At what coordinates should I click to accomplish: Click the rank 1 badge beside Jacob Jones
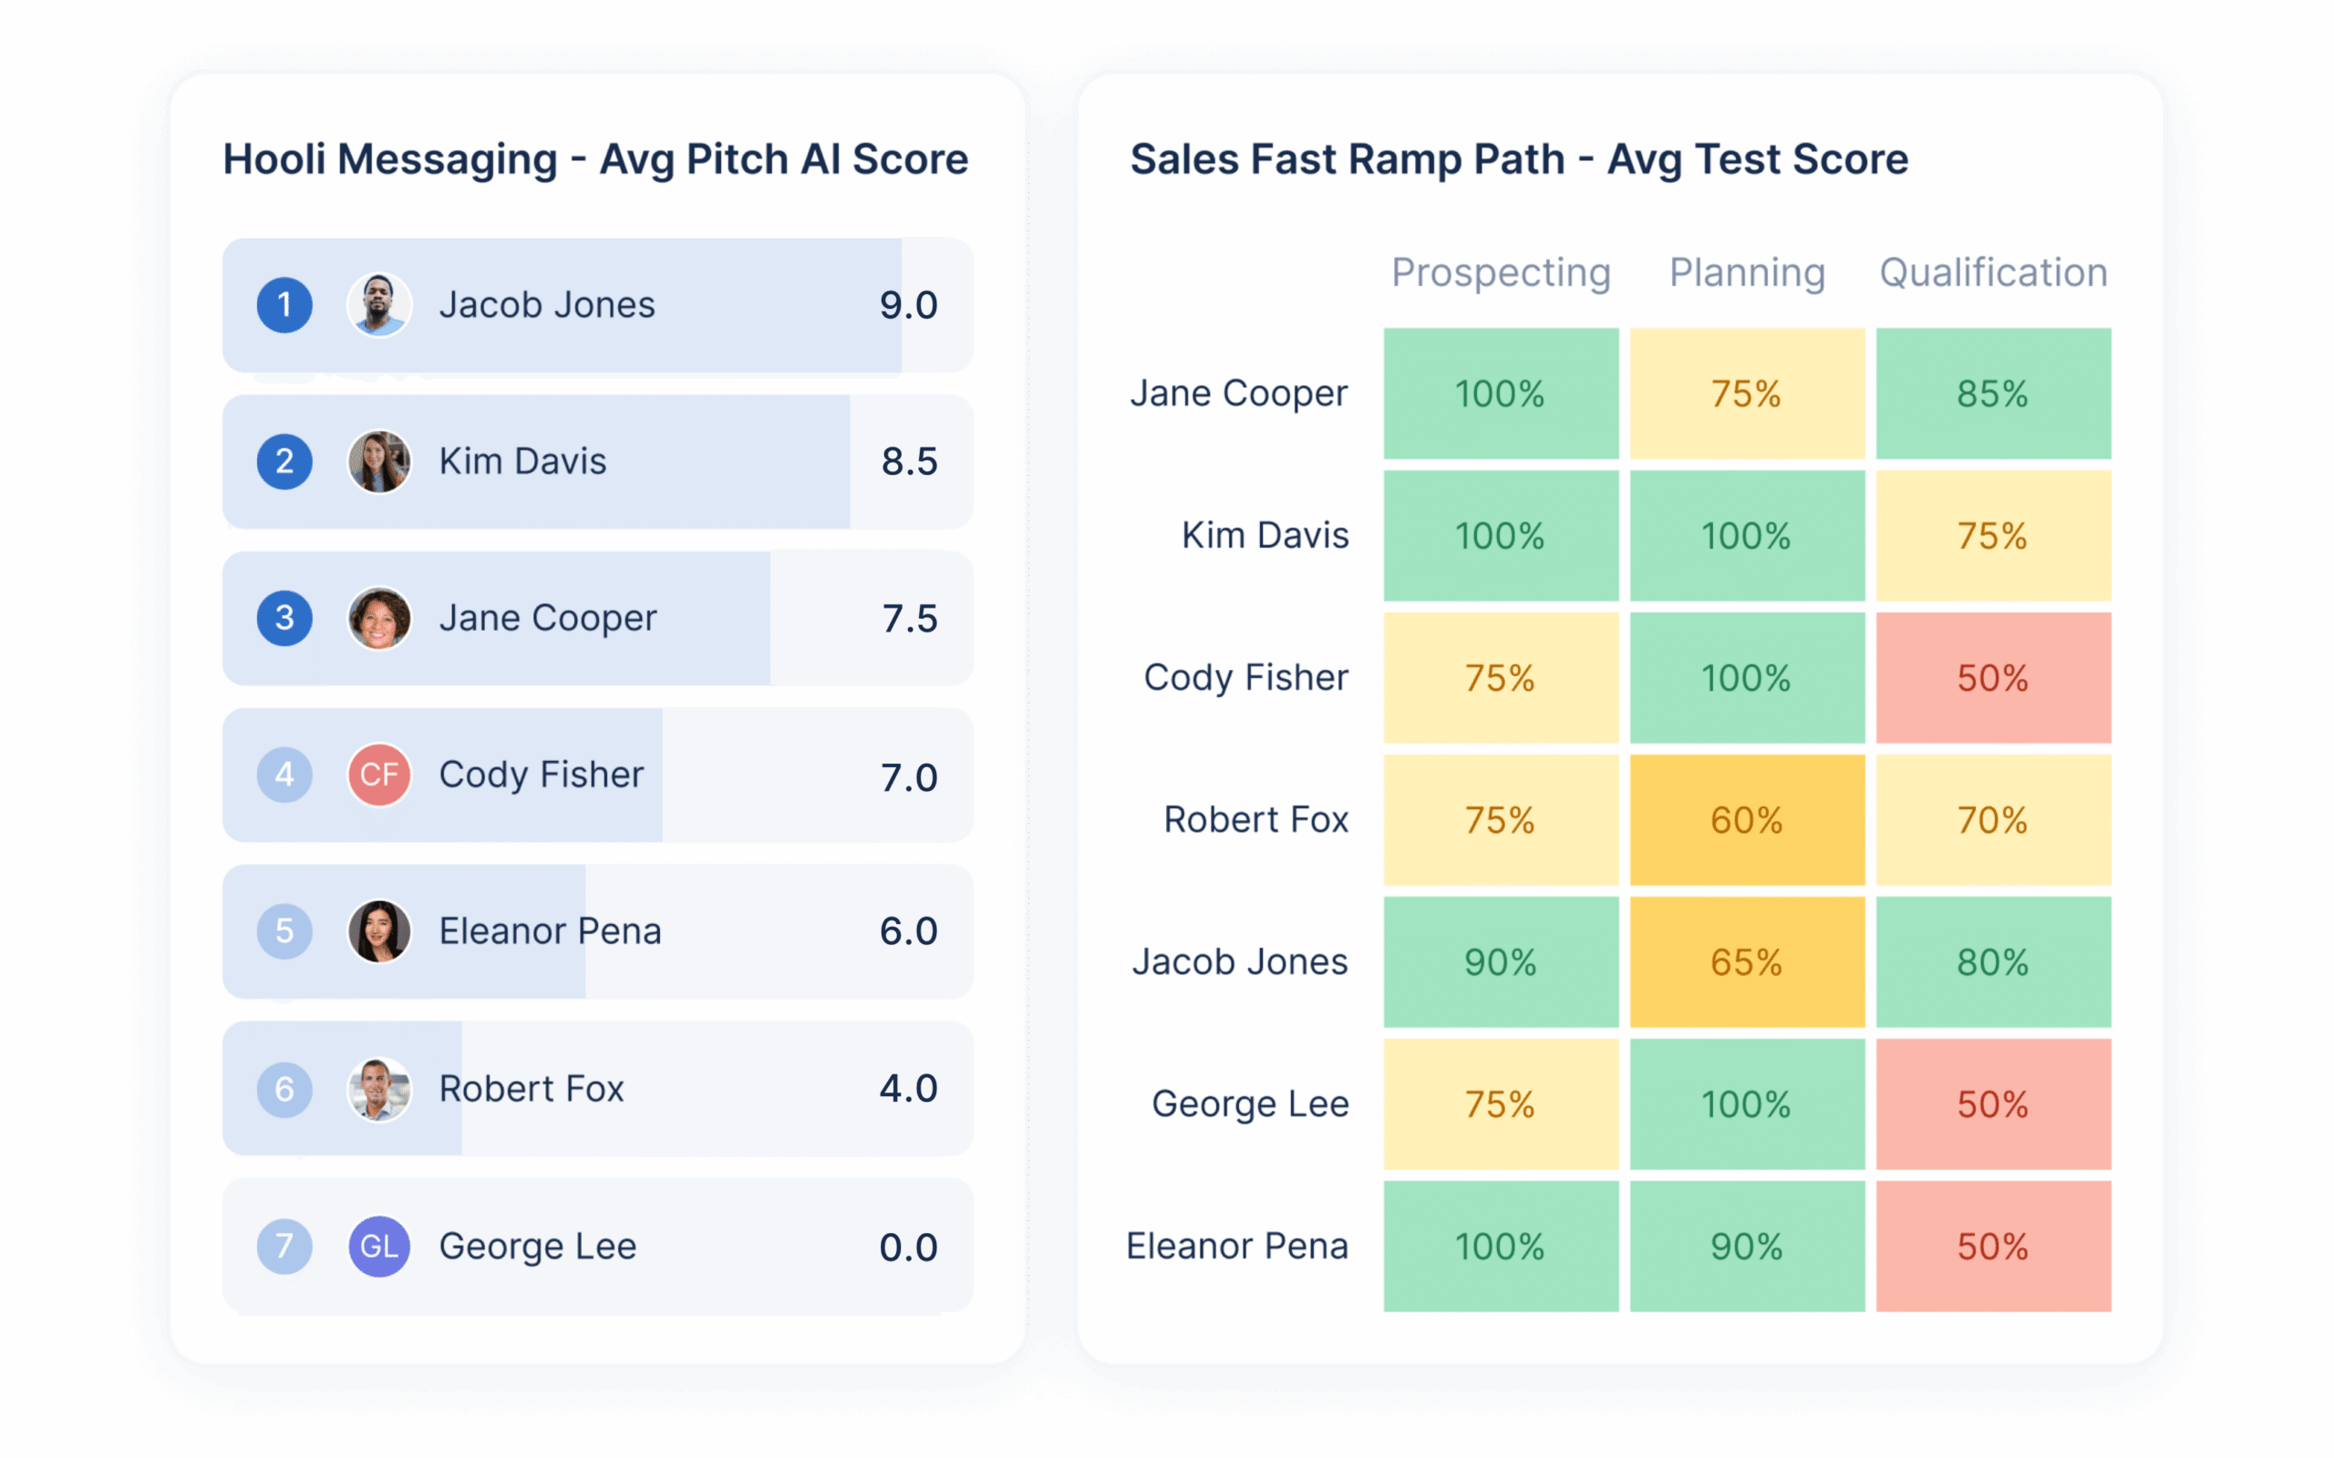[284, 305]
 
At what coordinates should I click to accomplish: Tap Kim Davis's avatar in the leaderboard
[379, 462]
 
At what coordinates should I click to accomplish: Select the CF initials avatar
[379, 775]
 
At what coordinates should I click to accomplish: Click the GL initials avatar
[379, 1246]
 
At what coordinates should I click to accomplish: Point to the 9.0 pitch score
[907, 305]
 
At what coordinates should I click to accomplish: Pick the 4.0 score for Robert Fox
[907, 1089]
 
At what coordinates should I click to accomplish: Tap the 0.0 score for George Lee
[907, 1247]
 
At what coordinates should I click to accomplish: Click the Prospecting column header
[1501, 272]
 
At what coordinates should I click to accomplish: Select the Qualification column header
[1993, 272]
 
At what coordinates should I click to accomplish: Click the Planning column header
[1747, 272]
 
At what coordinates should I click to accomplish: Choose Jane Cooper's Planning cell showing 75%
[1747, 394]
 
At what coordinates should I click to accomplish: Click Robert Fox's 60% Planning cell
[1747, 819]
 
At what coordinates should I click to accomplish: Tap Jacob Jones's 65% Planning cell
[1747, 961]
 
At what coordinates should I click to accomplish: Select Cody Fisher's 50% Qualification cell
[1993, 678]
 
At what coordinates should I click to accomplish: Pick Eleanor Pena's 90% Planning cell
[1747, 1246]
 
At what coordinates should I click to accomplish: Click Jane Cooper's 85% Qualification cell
[1993, 394]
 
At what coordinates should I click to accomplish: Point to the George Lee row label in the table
[1250, 1104]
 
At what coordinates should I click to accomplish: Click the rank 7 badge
[284, 1246]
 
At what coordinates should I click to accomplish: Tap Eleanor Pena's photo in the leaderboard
[379, 931]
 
